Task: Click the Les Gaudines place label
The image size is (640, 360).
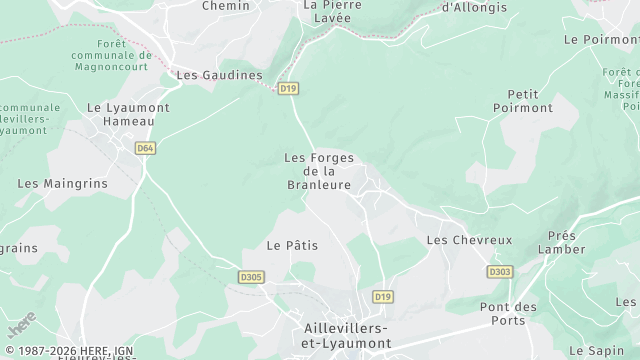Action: [x=219, y=75]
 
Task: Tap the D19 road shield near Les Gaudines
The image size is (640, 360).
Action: [x=289, y=89]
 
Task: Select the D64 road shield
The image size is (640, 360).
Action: [x=146, y=148]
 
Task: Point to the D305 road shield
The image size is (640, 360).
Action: [x=252, y=277]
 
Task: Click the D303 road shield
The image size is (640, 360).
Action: [x=499, y=271]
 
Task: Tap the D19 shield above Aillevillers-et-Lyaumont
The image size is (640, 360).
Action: [x=382, y=297]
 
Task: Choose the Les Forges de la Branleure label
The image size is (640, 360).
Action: [x=319, y=170]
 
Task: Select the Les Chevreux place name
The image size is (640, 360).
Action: [x=469, y=240]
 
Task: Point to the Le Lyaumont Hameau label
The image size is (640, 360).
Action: [x=128, y=114]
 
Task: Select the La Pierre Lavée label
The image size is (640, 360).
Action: [x=330, y=11]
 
